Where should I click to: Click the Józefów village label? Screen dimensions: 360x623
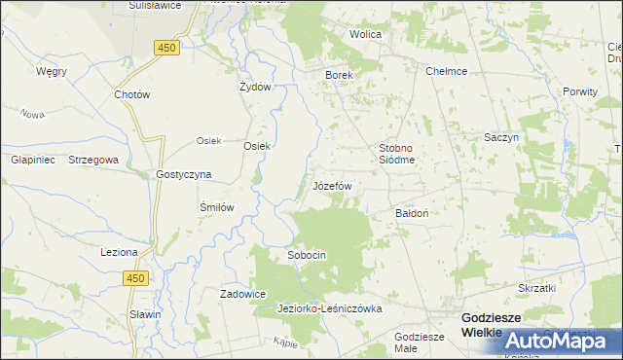(x=332, y=185)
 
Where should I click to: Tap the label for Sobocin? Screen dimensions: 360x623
(x=306, y=255)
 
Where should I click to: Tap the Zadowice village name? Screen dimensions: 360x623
(x=243, y=294)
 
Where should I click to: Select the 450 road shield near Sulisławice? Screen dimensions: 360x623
(x=166, y=47)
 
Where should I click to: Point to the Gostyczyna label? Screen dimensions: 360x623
(x=184, y=175)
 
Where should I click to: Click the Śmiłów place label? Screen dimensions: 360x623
(x=218, y=207)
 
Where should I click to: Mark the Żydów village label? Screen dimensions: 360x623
(x=254, y=86)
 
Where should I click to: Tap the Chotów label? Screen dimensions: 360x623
(x=131, y=95)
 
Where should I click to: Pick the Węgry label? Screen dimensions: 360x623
(x=51, y=71)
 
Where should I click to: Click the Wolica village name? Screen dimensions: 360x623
(x=366, y=34)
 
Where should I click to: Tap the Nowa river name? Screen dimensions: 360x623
(x=33, y=114)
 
